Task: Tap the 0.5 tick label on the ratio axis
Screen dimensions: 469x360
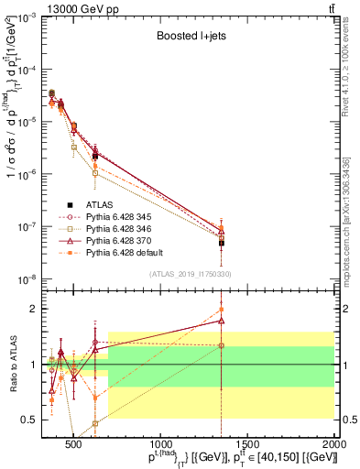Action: tap(28, 420)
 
